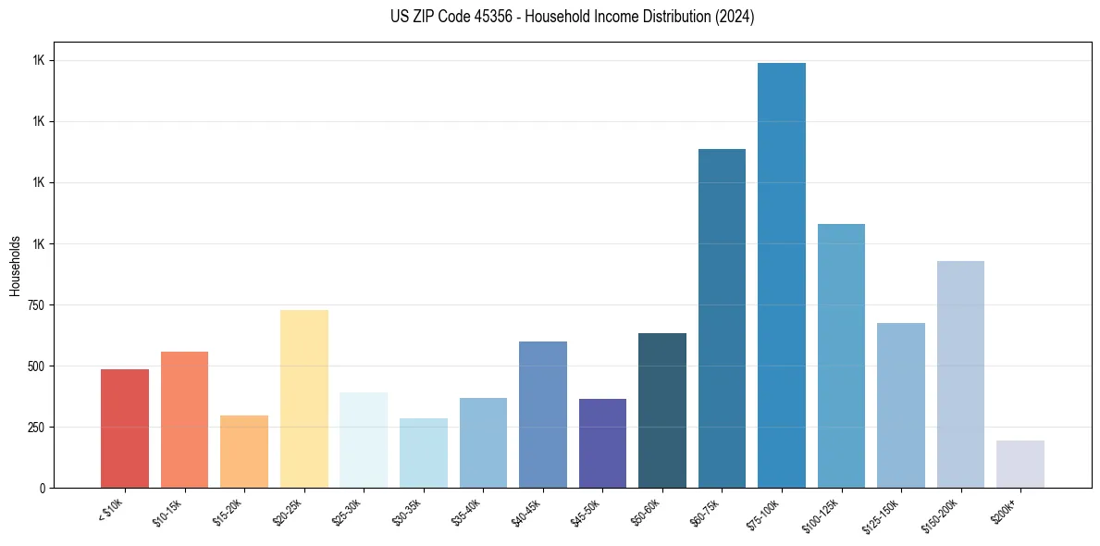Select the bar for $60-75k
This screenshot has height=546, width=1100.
click(x=722, y=318)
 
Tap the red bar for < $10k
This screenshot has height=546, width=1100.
click(x=125, y=428)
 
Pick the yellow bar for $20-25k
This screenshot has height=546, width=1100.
click(x=303, y=399)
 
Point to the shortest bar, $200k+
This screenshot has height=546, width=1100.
click(x=1020, y=465)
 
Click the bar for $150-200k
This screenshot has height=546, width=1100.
click(x=960, y=374)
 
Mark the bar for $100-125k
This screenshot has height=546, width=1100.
click(x=841, y=355)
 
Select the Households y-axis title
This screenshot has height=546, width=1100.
click(x=15, y=266)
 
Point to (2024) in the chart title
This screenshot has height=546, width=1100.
click(x=734, y=17)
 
